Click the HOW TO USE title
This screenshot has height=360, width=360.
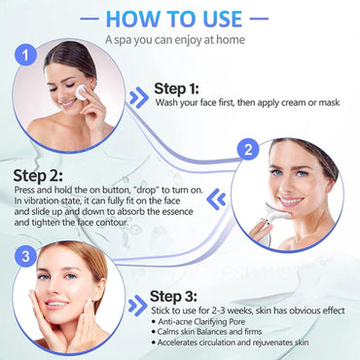click(x=180, y=18)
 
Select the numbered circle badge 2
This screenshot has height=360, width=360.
click(x=249, y=151)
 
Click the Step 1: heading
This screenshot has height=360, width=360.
click(x=185, y=89)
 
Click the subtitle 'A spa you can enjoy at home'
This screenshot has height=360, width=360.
click(x=175, y=39)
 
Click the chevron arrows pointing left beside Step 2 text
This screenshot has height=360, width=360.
click(x=218, y=198)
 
